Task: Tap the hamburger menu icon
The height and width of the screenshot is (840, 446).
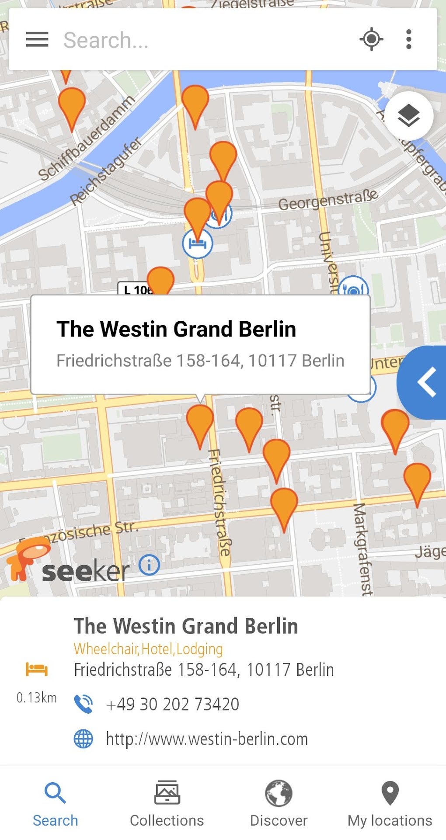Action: pos(37,39)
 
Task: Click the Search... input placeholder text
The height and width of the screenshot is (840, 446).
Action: pos(106,40)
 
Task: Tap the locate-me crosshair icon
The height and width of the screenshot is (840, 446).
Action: pos(371,39)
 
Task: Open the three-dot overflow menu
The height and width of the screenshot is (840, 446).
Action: pos(408,39)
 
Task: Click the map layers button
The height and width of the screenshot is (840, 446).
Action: pos(408,116)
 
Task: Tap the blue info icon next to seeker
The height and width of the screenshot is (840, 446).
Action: pos(149,565)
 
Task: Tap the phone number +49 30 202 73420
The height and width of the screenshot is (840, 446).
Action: pos(172,704)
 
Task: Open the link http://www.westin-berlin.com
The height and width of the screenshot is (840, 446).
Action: pos(207,739)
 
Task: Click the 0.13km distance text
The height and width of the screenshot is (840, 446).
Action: pos(37,698)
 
